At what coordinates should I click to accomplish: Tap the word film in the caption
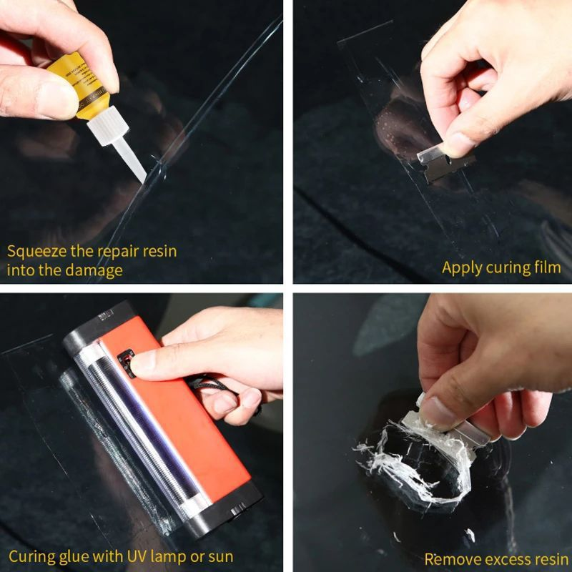click(548, 268)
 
